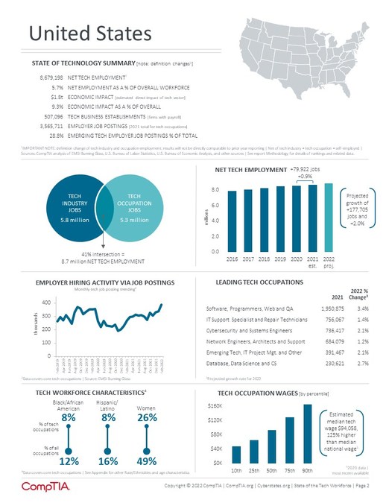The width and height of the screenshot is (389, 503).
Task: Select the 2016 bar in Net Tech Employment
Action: (232, 221)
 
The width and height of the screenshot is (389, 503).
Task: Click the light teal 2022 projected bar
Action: (329, 218)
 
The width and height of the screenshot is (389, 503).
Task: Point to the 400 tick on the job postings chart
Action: (46, 303)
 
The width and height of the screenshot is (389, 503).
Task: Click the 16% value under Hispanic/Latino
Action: (109, 461)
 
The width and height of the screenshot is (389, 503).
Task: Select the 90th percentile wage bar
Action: (308, 434)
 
